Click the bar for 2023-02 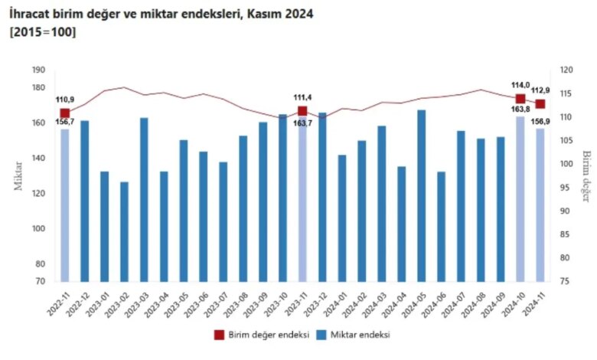coord(125,232)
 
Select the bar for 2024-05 coord(422,196)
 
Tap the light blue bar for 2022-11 coord(65,206)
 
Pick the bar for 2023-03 coord(145,200)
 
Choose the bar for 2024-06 coord(442,227)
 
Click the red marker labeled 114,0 coord(520,99)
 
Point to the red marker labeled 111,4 coord(302,111)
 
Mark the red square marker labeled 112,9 coord(540,104)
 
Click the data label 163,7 coord(302,123)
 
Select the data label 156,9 coord(540,122)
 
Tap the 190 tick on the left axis coord(39,70)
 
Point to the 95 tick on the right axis coord(566,188)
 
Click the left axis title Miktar coord(18,176)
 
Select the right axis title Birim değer coord(587,176)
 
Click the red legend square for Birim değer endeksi coord(220,335)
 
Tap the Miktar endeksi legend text coord(360,335)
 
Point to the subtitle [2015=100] coord(43,32)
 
